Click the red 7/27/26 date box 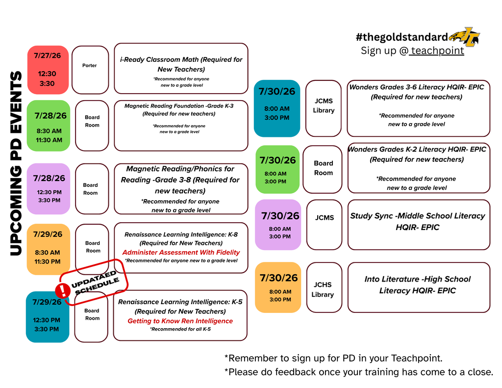[x=48, y=70]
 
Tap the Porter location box [x=90, y=70]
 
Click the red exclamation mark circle [x=63, y=290]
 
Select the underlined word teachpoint [x=437, y=51]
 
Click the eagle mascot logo [x=465, y=36]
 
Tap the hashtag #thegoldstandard [x=402, y=37]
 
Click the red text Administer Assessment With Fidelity [x=181, y=253]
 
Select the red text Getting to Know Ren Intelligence [x=180, y=321]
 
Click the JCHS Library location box [x=324, y=287]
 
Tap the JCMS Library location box [x=324, y=108]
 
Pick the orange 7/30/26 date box [x=278, y=287]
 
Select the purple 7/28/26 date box [x=49, y=189]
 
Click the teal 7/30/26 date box [x=277, y=108]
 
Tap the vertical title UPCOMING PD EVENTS [x=16, y=163]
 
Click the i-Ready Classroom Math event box [x=181, y=69]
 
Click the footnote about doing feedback [x=358, y=372]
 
